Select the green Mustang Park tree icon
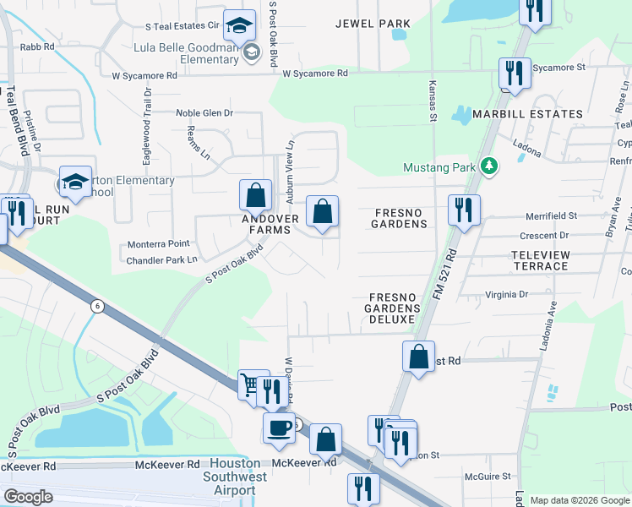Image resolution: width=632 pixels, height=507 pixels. click(488, 166)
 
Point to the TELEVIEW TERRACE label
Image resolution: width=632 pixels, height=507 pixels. click(541, 260)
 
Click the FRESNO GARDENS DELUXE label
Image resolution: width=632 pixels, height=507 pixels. click(392, 308)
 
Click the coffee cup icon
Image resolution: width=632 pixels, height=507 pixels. click(279, 428)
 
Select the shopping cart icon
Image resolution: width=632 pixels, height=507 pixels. click(250, 384)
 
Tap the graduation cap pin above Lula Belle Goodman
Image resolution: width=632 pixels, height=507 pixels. click(240, 25)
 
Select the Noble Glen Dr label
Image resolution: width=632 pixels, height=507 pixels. click(204, 112)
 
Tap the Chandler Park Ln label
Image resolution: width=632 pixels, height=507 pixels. click(161, 259)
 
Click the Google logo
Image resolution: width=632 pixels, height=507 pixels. click(28, 497)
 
